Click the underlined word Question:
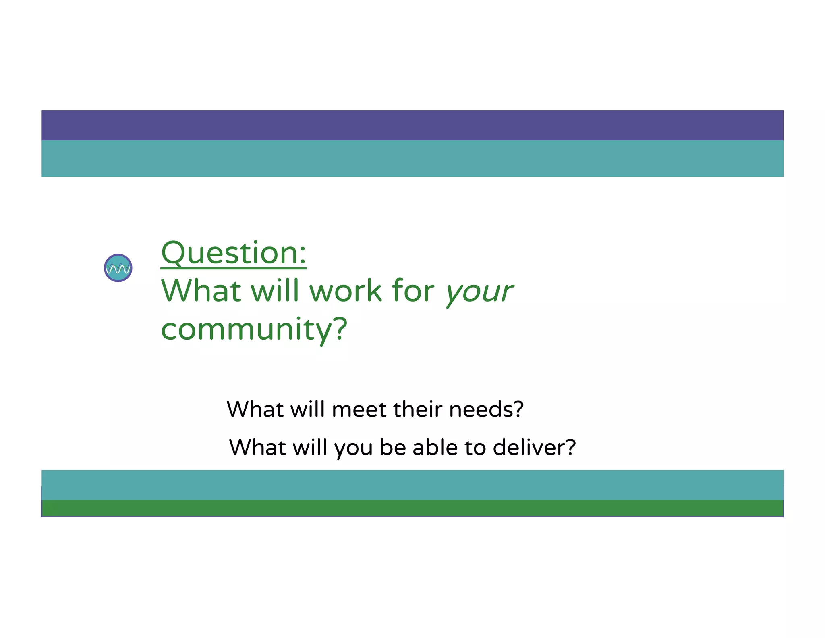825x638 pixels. [233, 253]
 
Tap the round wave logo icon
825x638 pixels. [118, 268]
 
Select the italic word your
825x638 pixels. [479, 291]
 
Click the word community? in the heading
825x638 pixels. [254, 329]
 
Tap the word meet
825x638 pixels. [359, 409]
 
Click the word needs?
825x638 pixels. [486, 409]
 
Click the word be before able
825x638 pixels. [392, 447]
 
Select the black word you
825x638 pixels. [353, 448]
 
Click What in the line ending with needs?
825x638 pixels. [255, 409]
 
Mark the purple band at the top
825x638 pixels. [412, 125]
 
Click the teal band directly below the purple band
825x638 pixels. [412, 158]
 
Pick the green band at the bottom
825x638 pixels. [412, 508]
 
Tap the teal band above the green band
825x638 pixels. [412, 485]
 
